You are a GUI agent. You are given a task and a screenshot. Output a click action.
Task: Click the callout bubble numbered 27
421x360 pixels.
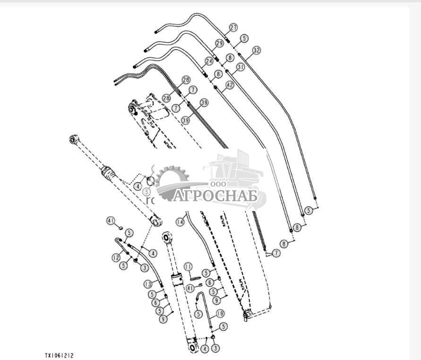pyautogui.click(x=233, y=27)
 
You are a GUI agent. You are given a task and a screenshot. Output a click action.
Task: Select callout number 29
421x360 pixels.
pyautogui.click(x=219, y=43)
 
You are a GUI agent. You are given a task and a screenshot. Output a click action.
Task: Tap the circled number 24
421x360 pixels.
pyautogui.click(x=208, y=61)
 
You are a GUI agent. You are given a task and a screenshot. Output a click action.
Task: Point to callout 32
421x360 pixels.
pyautogui.click(x=256, y=50)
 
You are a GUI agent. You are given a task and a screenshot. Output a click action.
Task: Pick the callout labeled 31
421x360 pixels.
pyautogui.click(x=241, y=67)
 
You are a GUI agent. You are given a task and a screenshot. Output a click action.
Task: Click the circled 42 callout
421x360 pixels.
pyautogui.click(x=230, y=85)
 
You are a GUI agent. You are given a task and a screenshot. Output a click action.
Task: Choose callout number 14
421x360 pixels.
pyautogui.click(x=180, y=221)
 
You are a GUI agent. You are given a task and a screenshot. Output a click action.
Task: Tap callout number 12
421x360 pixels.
pyautogui.click(x=116, y=257)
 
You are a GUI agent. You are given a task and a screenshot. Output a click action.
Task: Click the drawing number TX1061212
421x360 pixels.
pyautogui.click(x=59, y=355)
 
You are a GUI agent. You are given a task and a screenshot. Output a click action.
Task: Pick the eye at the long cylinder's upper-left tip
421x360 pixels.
pyautogui.click(x=74, y=139)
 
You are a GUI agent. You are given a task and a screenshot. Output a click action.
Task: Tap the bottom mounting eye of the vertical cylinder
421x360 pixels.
pyautogui.click(x=193, y=348)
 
